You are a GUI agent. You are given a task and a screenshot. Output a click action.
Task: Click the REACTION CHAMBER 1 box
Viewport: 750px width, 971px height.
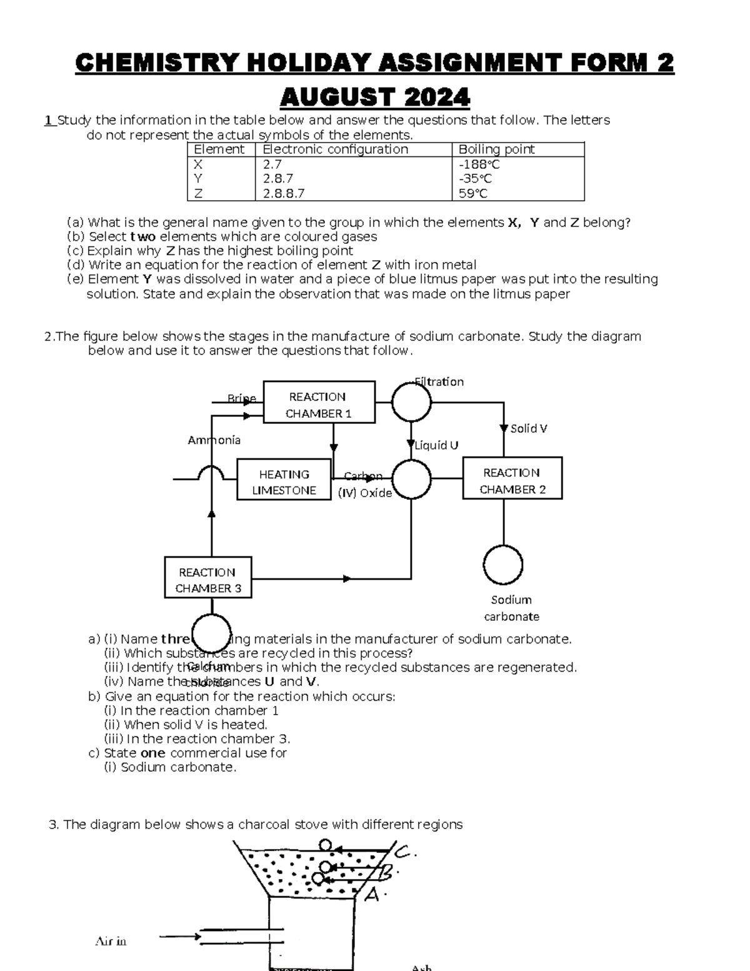pyautogui.click(x=319, y=405)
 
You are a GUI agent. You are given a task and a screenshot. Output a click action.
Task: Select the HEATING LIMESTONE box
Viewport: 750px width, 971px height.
pyautogui.click(x=284, y=482)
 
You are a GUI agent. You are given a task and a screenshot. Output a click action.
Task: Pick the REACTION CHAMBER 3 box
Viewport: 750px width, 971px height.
pyautogui.click(x=207, y=580)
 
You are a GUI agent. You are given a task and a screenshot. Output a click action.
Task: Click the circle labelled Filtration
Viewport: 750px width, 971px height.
pyautogui.click(x=411, y=403)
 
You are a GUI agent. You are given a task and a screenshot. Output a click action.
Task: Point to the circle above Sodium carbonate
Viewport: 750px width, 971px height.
pyautogui.click(x=503, y=565)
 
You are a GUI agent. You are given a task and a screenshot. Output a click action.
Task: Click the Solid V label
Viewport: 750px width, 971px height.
pyautogui.click(x=529, y=428)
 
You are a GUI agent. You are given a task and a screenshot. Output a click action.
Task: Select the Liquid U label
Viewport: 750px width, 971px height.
pyautogui.click(x=436, y=445)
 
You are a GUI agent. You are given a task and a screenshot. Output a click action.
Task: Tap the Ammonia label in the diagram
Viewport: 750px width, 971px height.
pyautogui.click(x=214, y=440)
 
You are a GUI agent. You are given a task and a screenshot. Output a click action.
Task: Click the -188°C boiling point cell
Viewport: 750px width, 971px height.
pyautogui.click(x=479, y=164)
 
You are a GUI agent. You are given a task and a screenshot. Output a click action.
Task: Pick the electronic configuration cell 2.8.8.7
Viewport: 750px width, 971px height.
pyautogui.click(x=284, y=193)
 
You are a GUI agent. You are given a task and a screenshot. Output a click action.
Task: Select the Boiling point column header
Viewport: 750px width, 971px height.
pyautogui.click(x=496, y=149)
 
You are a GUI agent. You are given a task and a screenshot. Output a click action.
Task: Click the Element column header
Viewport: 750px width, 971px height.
pyautogui.click(x=219, y=149)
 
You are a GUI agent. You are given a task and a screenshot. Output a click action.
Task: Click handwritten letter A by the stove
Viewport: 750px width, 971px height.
pyautogui.click(x=373, y=895)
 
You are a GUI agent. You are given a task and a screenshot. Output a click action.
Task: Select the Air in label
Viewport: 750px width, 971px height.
pyautogui.click(x=111, y=941)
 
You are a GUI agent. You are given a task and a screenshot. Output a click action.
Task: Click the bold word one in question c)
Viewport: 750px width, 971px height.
pyautogui.click(x=152, y=753)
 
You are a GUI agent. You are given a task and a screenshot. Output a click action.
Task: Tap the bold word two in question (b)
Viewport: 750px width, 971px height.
pyautogui.click(x=142, y=236)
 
